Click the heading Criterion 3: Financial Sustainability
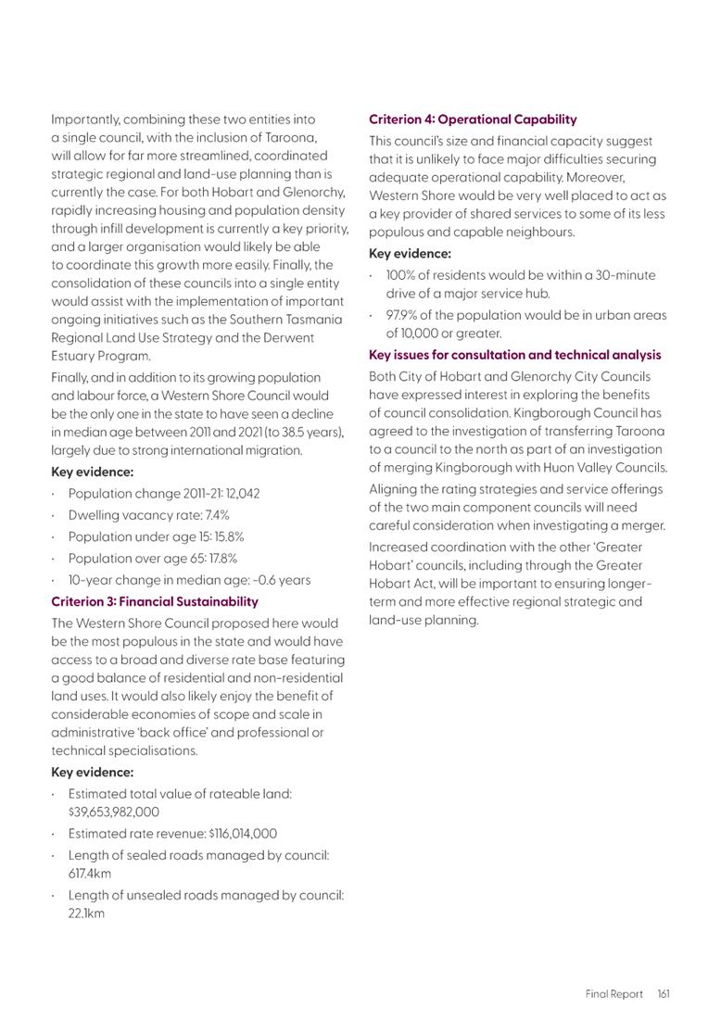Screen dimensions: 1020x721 point(155,602)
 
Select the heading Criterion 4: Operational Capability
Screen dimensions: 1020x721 point(473,120)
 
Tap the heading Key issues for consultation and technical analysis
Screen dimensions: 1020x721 point(515,355)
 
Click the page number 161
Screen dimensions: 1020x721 point(664,994)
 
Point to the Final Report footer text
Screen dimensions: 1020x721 point(613,994)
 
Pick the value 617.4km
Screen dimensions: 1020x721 point(86,873)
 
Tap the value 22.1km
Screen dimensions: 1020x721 point(86,913)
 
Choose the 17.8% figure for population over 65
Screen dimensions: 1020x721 point(219,559)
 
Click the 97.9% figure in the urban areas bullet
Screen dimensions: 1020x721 point(403,316)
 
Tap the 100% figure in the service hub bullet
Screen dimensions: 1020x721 point(404,275)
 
